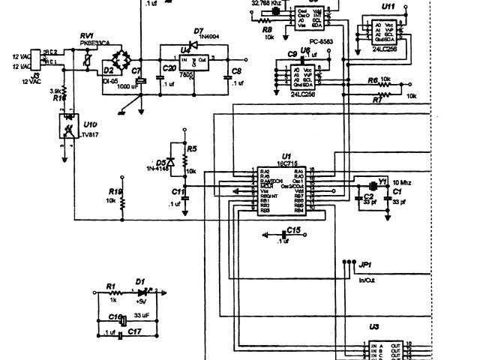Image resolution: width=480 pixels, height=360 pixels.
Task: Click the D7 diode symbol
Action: (190, 43)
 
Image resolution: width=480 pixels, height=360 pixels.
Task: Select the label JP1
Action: (365, 265)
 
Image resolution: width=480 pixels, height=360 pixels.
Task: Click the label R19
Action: (114, 191)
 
